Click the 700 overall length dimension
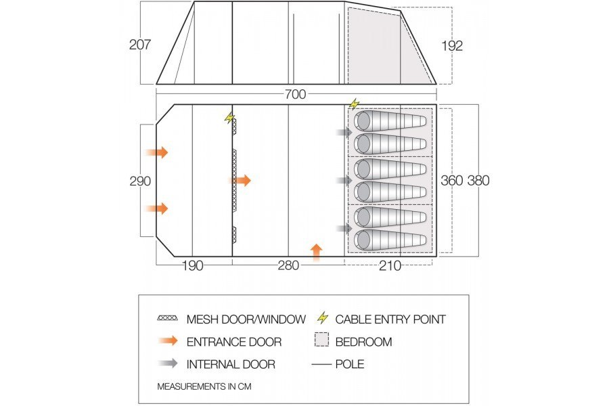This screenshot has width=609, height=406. click(296, 94)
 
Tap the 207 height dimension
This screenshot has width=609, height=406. click(139, 45)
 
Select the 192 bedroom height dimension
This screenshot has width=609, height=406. click(451, 45)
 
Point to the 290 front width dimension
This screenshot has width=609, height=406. click(139, 181)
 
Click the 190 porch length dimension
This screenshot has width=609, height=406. click(193, 265)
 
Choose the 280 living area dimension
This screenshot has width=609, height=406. click(288, 265)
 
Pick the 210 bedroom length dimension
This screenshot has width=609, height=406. click(390, 265)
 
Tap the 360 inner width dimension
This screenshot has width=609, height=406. click(451, 181)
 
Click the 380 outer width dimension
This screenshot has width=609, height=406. click(478, 181)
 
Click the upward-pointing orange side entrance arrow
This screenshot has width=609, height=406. click(316, 250)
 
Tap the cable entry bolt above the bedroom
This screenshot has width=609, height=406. click(354, 104)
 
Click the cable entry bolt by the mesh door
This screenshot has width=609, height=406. click(229, 118)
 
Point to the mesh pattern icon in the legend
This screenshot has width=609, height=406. click(167, 319)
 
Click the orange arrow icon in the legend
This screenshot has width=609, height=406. click(167, 342)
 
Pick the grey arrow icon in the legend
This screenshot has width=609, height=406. click(167, 364)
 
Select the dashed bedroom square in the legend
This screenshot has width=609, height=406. click(323, 342)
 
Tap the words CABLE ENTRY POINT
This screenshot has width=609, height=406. click(390, 319)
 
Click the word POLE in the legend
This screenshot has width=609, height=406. click(349, 364)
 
